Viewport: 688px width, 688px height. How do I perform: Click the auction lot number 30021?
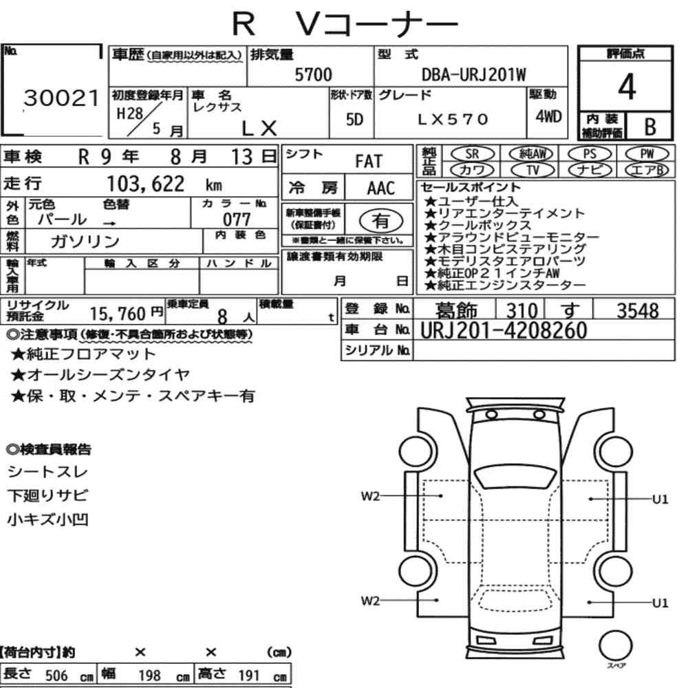click(x=61, y=98)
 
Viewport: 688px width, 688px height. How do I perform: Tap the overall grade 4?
click(x=627, y=87)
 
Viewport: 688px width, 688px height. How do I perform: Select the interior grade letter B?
click(x=650, y=127)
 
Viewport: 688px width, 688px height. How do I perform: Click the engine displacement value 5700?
click(x=313, y=74)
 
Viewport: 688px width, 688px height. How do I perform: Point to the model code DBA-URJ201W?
click(x=473, y=74)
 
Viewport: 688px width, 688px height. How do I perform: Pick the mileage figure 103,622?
click(x=146, y=184)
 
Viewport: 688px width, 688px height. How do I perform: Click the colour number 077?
click(x=237, y=219)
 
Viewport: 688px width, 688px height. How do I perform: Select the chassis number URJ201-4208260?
click(x=504, y=330)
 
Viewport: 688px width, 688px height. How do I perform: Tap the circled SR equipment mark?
click(x=472, y=154)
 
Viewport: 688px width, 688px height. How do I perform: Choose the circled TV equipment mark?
click(x=533, y=170)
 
